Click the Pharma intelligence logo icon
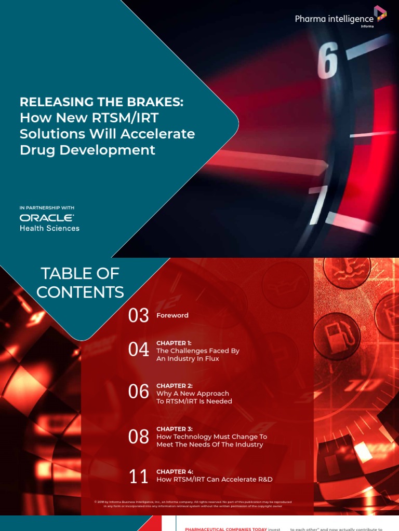(380, 13)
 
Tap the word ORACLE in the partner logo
(47, 218)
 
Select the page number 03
(139, 315)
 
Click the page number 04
(139, 351)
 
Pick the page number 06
(139, 393)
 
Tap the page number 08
(139, 437)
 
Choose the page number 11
(139, 476)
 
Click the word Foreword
(172, 315)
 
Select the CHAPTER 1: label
(175, 343)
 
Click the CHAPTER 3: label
(175, 429)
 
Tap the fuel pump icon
(337, 335)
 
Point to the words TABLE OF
(80, 273)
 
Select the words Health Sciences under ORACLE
(50, 228)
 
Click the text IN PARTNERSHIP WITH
(47, 208)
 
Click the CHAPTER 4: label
(175, 472)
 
